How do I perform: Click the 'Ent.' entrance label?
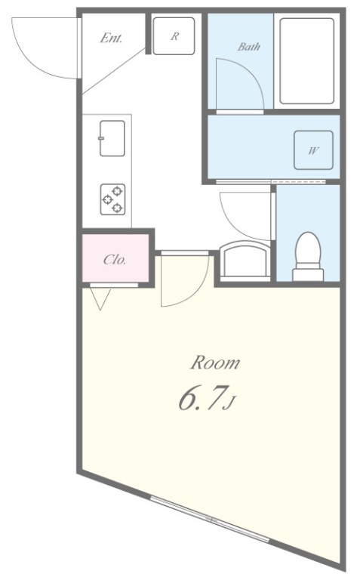[x=111, y=38]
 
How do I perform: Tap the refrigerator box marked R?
[x=174, y=35]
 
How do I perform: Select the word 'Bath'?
[x=249, y=47]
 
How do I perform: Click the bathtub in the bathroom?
[x=306, y=61]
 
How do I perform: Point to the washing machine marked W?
[x=312, y=150]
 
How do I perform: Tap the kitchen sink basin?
[x=112, y=137]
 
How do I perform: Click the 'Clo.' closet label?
[x=115, y=260]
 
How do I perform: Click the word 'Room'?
[x=214, y=363]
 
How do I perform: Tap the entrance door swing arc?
[x=45, y=49]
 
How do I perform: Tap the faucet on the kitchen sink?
[x=100, y=138]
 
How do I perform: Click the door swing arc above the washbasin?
[x=245, y=216]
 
